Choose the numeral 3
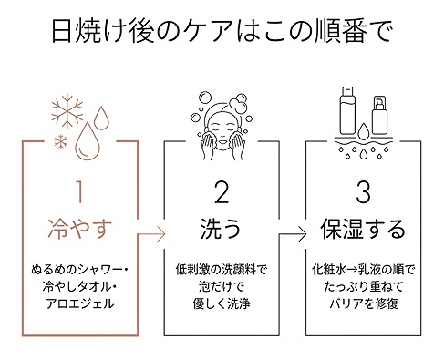tap(364, 194)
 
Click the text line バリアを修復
tap(364, 304)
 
